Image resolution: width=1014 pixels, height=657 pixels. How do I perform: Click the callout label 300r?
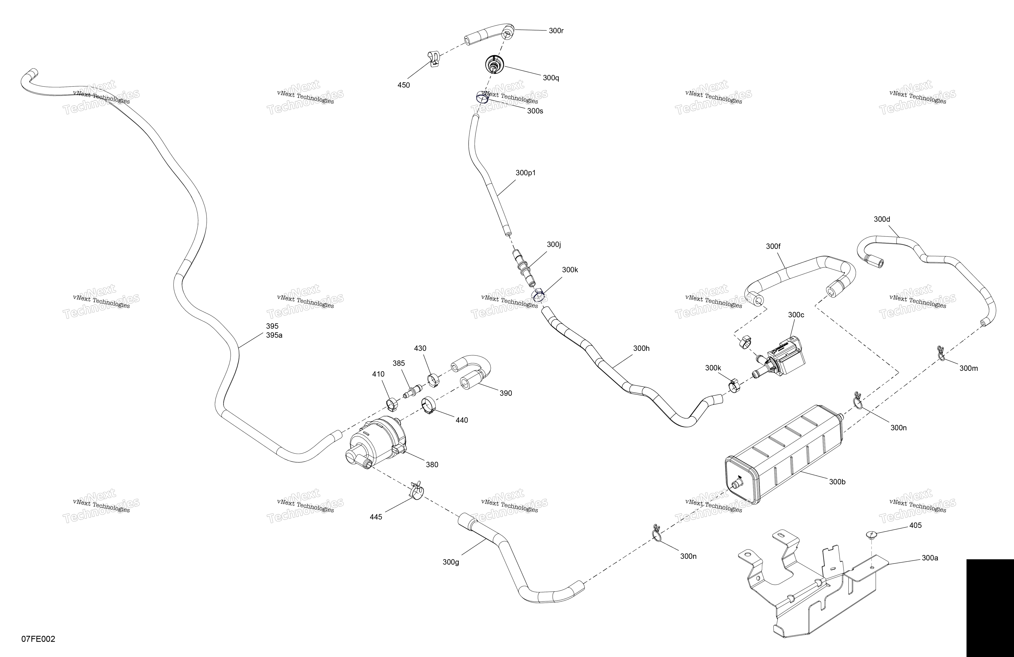pos(556,31)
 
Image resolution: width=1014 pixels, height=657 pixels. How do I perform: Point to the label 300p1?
pos(526,173)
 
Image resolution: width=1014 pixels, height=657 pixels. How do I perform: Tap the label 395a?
pos(274,335)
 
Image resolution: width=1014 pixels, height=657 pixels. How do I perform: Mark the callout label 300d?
pos(882,219)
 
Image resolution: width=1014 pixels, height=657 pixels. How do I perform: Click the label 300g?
pos(451,562)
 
